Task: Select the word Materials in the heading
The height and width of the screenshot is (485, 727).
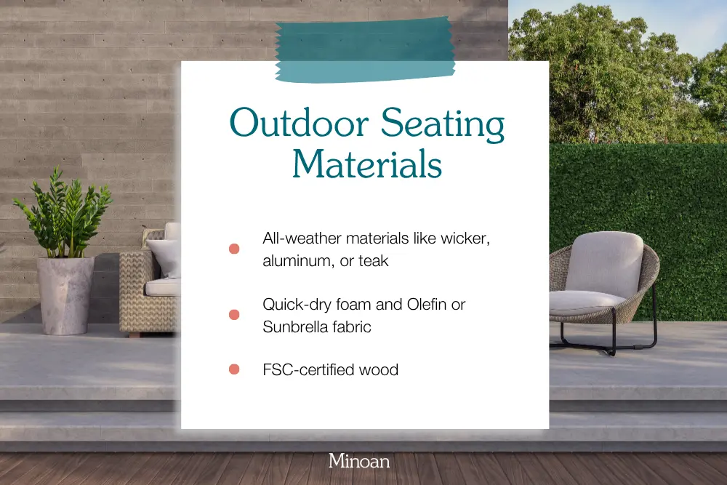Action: tap(366, 164)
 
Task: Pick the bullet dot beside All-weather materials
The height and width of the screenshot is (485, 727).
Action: tap(234, 249)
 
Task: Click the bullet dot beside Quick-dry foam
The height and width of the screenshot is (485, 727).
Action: tap(234, 315)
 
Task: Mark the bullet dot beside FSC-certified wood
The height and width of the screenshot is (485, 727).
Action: tap(234, 369)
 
